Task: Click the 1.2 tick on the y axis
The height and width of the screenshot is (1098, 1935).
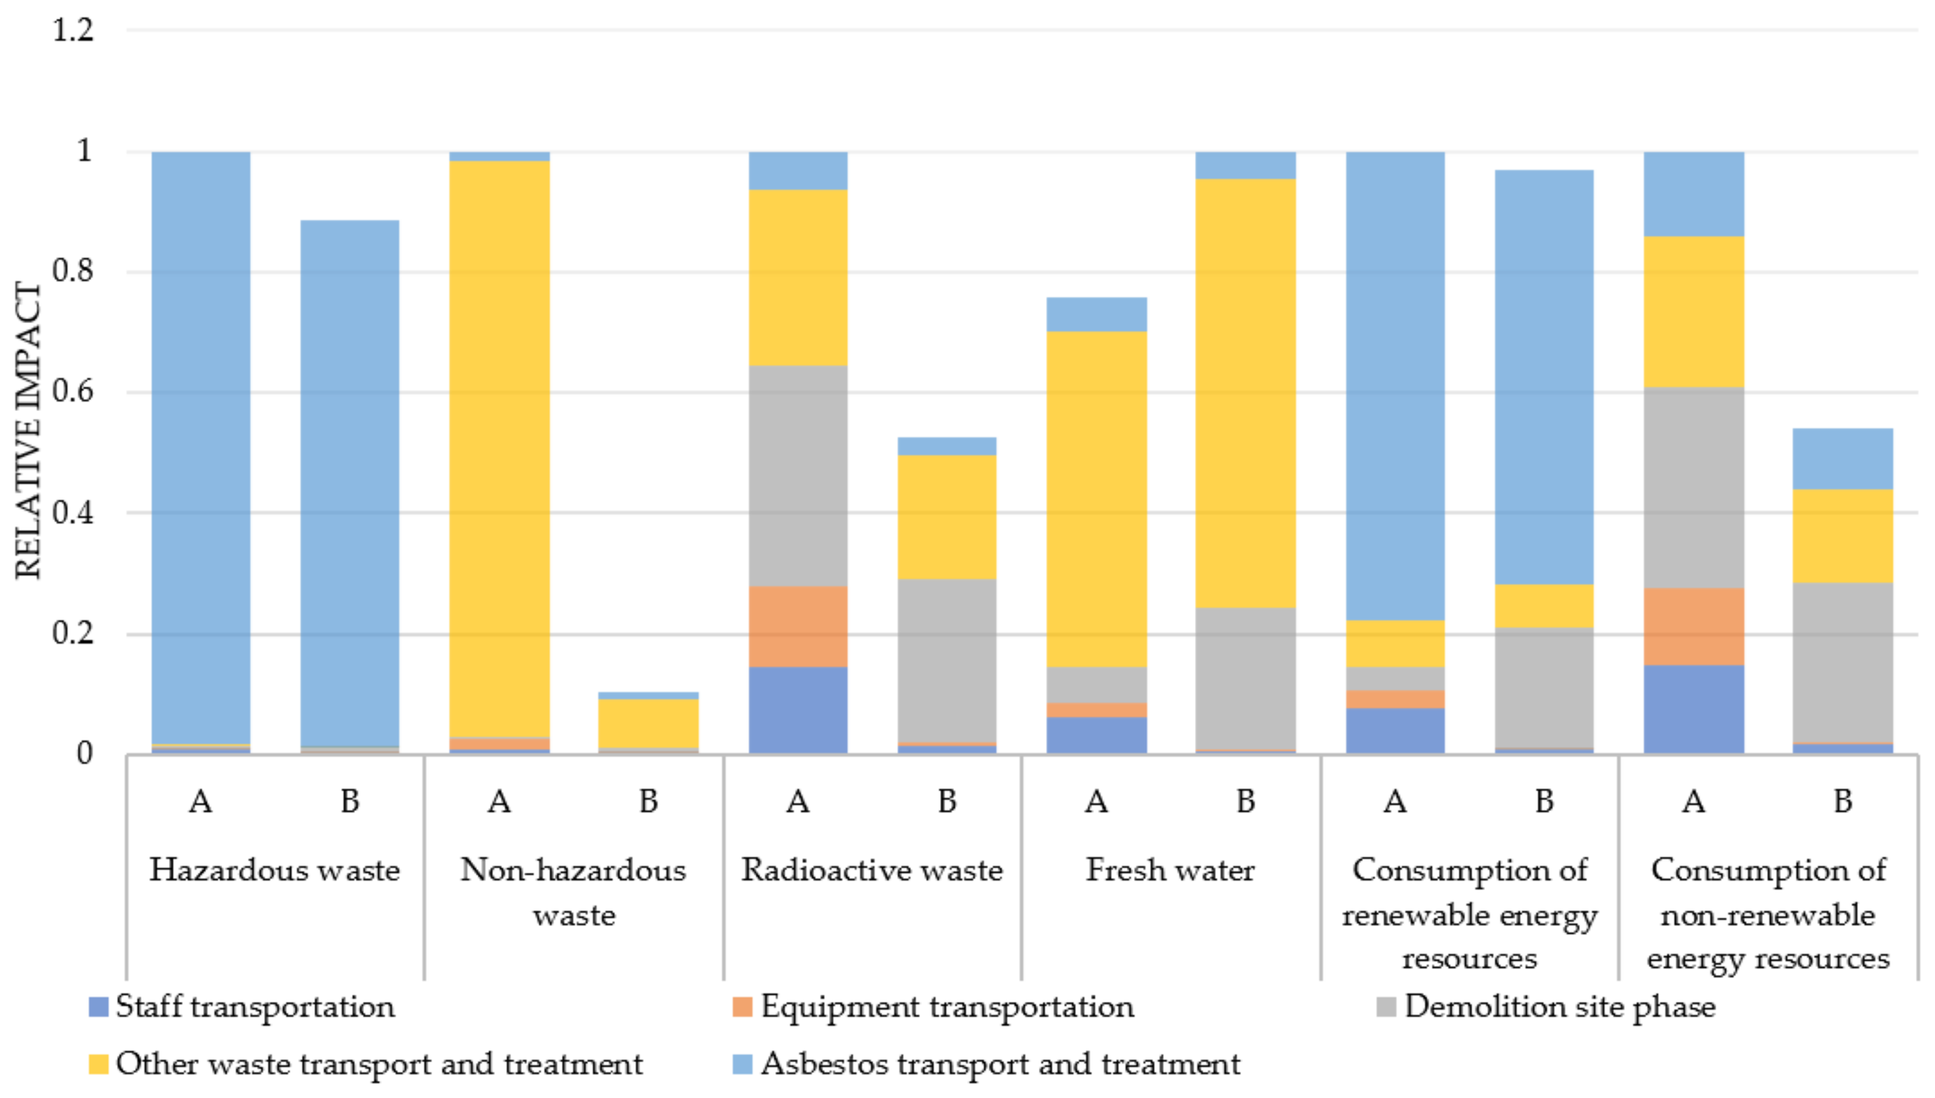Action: point(73,30)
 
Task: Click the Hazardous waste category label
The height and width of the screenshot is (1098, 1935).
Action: point(274,870)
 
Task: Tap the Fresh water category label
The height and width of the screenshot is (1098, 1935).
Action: point(1170,870)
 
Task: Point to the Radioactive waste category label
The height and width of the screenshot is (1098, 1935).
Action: point(872,870)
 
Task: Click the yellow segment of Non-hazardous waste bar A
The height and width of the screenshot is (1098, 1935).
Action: point(499,449)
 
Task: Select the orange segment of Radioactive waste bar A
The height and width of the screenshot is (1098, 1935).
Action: point(797,626)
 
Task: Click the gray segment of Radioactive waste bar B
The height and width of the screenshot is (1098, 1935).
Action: point(947,661)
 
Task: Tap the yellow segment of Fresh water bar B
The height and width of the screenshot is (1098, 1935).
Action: point(1245,392)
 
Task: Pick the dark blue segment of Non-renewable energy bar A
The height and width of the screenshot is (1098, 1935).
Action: point(1693,709)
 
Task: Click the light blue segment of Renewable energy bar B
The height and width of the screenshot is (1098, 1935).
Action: point(1544,377)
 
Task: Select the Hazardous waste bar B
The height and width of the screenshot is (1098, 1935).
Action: point(350,483)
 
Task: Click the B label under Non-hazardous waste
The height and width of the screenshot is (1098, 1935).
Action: point(648,801)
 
